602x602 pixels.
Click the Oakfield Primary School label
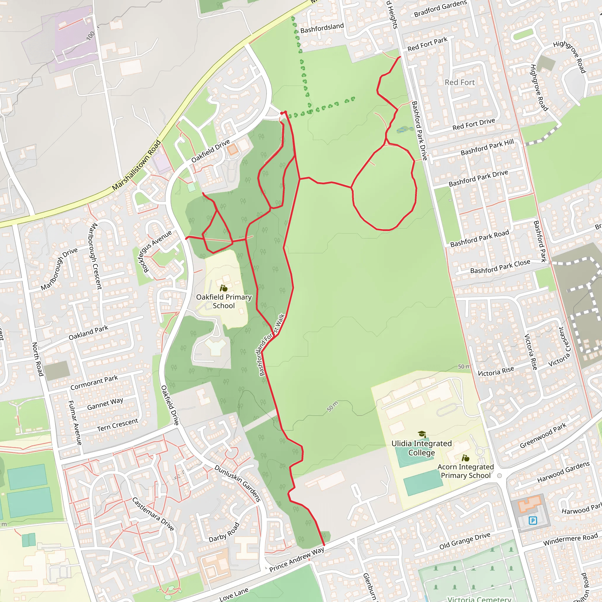224,301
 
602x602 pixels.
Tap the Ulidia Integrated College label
421,448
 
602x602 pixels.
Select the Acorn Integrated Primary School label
466,471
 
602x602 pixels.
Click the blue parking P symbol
533,520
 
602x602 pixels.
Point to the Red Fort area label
460,82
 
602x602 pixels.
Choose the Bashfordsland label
322,28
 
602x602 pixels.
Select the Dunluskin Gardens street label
238,483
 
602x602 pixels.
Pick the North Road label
37,359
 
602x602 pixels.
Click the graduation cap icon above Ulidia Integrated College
422,434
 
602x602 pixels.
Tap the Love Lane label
234,594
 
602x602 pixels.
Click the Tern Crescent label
118,425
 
